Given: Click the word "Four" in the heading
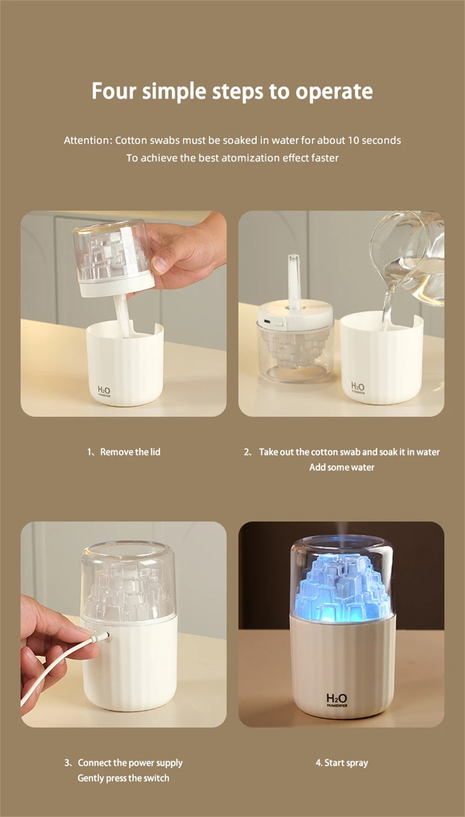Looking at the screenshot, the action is point(114,91).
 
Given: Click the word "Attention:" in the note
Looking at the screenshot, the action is point(88,140).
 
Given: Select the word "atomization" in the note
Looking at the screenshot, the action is point(251,158).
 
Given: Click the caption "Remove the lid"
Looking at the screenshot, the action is point(130,452).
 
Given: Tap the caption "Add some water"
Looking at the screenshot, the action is point(342,467).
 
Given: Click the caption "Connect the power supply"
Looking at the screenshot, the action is point(130,763).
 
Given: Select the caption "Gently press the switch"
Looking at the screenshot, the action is point(123,778).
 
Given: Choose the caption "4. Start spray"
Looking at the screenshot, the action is point(342,763).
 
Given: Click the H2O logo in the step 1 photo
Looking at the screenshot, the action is point(104,391).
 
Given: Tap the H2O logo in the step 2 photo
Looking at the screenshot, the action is point(358,387).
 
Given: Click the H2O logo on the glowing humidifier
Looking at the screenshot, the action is point(337,699).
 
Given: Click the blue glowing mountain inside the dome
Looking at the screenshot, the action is point(341,586).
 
